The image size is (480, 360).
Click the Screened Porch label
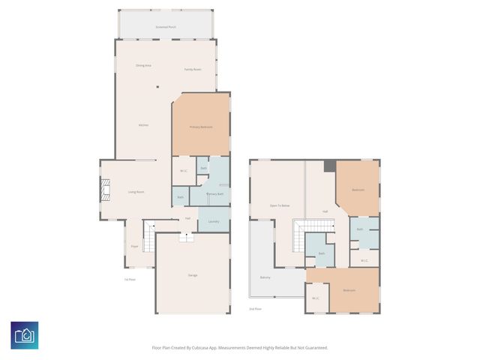tap(166, 27)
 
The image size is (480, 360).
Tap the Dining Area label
tap(143, 66)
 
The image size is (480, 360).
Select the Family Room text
tap(193, 70)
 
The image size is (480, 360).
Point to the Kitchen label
tap(143, 124)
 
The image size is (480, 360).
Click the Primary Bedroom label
tap(200, 127)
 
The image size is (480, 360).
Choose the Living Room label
tap(135, 192)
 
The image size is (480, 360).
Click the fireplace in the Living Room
tap(106, 191)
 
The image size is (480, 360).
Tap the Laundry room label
tap(213, 221)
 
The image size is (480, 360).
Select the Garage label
tap(193, 275)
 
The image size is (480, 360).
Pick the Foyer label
tap(134, 246)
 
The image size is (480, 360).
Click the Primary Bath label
tap(215, 194)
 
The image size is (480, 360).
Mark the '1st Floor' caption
tap(130, 280)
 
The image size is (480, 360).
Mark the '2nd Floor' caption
tap(256, 308)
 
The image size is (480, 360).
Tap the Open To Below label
tap(280, 205)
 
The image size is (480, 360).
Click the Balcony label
tap(265, 277)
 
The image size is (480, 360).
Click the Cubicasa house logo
tap(24, 335)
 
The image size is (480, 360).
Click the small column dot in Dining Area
tap(157, 87)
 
